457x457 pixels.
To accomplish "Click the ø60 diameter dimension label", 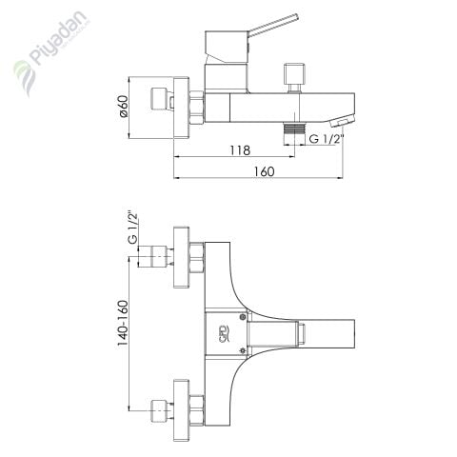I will point(124,109).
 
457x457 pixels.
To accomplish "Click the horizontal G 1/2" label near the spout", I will point(326,140).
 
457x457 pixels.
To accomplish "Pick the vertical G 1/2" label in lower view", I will point(131,228).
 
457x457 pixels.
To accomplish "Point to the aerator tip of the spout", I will point(339,120).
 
